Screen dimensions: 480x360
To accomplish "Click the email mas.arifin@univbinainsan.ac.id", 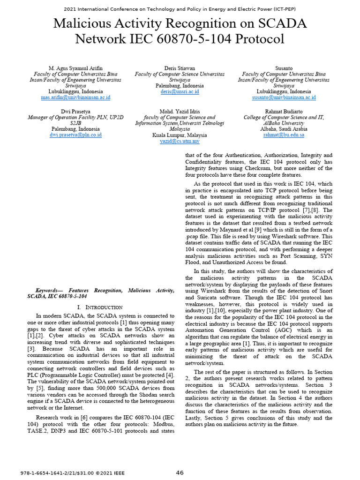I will [x=75, y=97].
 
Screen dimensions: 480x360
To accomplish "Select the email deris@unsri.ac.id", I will [x=180, y=92].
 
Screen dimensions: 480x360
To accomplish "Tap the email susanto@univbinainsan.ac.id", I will [x=284, y=97].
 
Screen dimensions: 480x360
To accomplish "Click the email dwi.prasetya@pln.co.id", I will [x=75, y=135].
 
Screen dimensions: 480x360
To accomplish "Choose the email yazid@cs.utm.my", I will [x=180, y=141].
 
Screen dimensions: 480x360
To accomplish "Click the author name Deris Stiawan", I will [x=180, y=68].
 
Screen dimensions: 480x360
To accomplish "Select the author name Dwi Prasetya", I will [x=75, y=112].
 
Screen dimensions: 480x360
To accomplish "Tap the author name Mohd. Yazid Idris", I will [x=180, y=112].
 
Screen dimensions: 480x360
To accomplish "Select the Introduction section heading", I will [x=99, y=307].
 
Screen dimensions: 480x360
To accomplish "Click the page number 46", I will [x=180, y=472].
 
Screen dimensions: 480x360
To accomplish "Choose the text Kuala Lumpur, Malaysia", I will [x=180, y=135].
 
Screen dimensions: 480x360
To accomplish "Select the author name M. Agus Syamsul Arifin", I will [x=75, y=68].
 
